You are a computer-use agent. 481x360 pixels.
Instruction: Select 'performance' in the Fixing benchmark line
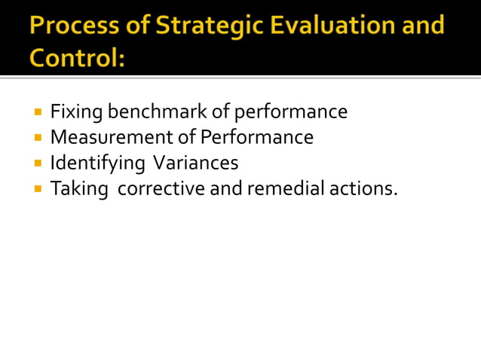[291, 113]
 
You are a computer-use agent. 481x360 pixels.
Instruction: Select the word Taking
[77, 189]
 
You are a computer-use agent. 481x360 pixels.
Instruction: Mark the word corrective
[161, 188]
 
